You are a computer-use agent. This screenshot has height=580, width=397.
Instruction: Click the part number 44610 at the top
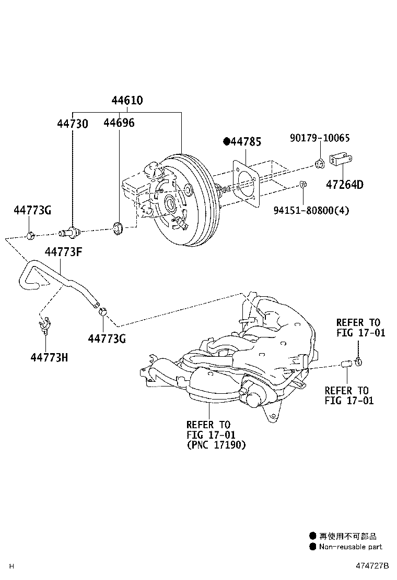coord(127,101)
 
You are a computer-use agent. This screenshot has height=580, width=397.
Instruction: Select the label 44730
coord(73,124)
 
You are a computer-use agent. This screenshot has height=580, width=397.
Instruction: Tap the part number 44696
coord(119,123)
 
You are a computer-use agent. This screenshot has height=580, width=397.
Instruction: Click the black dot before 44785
coord(226,141)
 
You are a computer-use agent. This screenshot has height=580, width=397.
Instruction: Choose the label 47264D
coord(345,184)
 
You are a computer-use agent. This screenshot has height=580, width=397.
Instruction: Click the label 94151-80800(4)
coord(311,210)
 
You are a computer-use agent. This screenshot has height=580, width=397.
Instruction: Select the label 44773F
coord(63,252)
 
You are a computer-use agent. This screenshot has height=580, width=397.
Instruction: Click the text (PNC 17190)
coord(216,445)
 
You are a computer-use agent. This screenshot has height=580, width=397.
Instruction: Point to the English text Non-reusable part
coord(351,547)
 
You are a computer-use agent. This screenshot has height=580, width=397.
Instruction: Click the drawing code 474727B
coord(373,566)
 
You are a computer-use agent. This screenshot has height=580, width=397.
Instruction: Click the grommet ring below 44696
coord(118,227)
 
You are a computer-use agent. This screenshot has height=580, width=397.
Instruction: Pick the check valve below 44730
coord(72,229)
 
